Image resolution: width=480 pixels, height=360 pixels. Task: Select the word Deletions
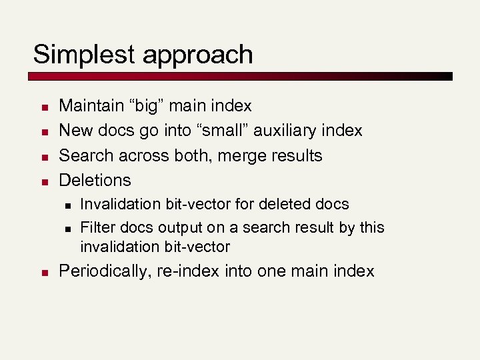[95, 180]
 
